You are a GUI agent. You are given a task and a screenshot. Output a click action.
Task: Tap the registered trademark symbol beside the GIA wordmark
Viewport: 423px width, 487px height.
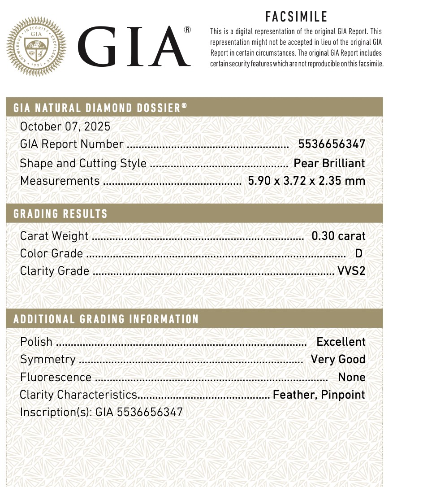[x=187, y=30]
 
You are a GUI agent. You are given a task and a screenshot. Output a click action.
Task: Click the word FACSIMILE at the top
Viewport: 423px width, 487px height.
[x=297, y=17]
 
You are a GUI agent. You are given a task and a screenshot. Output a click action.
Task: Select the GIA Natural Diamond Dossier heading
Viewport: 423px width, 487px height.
[x=100, y=108]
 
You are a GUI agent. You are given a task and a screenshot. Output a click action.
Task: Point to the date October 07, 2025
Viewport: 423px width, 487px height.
[x=65, y=126]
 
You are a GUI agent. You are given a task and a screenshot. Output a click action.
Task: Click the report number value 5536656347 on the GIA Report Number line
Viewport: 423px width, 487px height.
[x=332, y=144]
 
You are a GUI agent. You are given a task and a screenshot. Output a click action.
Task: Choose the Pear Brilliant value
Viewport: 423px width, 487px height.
[x=329, y=163]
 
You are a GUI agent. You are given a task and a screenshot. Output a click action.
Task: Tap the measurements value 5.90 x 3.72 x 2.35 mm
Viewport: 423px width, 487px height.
[x=306, y=181]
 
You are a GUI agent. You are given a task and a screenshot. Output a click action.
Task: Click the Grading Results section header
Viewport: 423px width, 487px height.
[x=60, y=214]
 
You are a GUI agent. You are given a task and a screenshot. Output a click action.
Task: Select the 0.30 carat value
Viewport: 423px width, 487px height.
[x=338, y=236]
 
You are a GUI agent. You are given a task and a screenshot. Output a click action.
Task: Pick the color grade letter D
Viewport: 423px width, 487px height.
[x=358, y=254]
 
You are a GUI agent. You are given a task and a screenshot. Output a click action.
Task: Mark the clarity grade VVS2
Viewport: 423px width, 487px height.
[x=351, y=271]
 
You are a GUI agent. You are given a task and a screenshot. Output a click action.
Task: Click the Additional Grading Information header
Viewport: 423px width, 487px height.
[x=106, y=319]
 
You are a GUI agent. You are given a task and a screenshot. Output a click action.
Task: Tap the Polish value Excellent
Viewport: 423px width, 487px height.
[x=341, y=342]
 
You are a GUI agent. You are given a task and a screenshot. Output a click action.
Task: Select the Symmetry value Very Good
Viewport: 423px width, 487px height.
[x=338, y=360]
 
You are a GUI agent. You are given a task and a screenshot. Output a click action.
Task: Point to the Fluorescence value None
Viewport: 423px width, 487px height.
[x=352, y=378]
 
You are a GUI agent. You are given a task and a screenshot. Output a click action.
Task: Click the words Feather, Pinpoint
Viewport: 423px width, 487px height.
[x=319, y=395]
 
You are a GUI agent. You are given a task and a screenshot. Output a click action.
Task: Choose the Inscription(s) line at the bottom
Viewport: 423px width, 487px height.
[x=101, y=413]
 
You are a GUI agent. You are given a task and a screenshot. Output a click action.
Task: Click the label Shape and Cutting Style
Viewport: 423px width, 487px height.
[x=83, y=163]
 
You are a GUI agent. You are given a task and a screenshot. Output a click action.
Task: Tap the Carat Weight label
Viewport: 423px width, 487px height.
[x=54, y=236]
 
